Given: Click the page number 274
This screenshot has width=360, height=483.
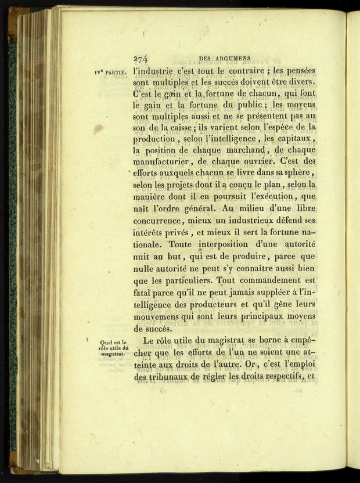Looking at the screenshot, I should coord(142,59).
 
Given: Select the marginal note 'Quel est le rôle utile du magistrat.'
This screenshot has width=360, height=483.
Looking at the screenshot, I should coord(113,348).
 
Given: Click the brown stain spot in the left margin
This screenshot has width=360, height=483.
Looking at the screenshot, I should coord(99,129).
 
